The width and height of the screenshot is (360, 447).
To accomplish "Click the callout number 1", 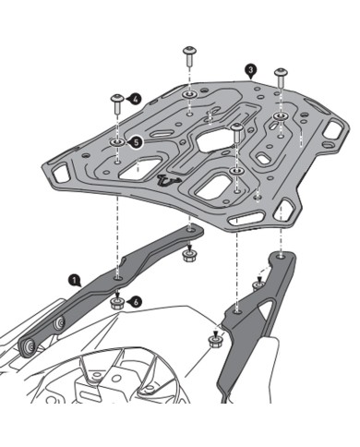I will (72, 277).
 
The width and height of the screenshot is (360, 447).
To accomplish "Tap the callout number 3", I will (250, 68).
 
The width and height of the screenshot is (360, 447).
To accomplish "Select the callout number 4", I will (136, 97).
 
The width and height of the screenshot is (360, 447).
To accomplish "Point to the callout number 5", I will (137, 142).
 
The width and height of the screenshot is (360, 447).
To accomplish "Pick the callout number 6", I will (137, 301).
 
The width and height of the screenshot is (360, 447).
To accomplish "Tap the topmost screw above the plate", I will (190, 52).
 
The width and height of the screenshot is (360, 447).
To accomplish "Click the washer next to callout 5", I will (118, 141).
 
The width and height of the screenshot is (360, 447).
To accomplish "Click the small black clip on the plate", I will (167, 181).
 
